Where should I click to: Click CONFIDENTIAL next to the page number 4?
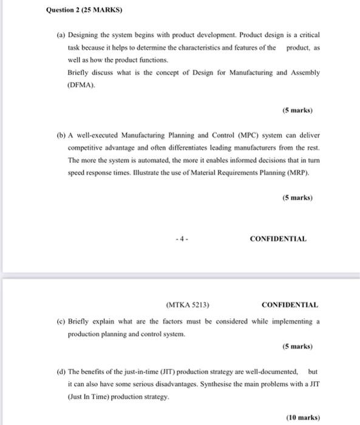[x=278, y=239]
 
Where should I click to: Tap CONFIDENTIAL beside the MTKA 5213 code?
[x=290, y=304]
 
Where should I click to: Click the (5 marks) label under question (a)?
[x=297, y=110]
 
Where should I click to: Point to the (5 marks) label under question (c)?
[x=297, y=347]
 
